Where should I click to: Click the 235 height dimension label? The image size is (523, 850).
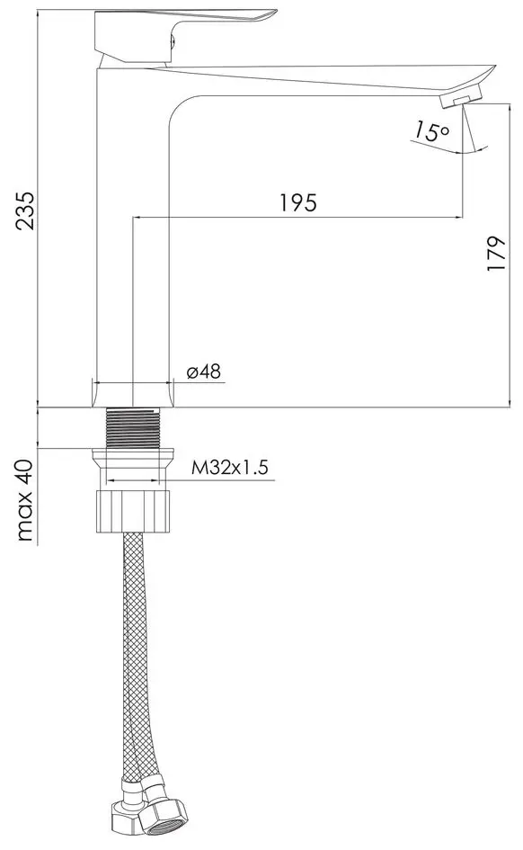pos(27,210)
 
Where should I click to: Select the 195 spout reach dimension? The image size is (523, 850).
pos(297,202)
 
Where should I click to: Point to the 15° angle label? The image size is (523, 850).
pos(430,131)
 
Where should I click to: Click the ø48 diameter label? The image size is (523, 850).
pos(204,372)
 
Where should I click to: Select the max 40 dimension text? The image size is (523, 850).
pos(26,500)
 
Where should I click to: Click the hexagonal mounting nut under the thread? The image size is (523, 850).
pos(132,509)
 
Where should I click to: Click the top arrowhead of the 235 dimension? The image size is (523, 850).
pos(38,13)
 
